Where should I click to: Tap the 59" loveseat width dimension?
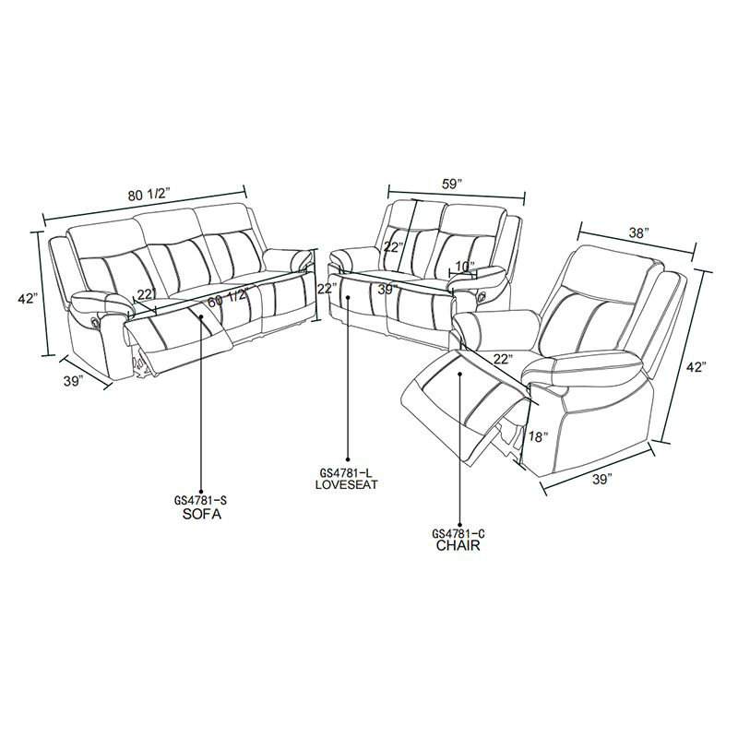pyautogui.click(x=452, y=184)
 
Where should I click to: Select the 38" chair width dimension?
pyautogui.click(x=638, y=233)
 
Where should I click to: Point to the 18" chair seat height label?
pyautogui.click(x=538, y=436)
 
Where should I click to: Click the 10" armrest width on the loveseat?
pyautogui.click(x=465, y=267)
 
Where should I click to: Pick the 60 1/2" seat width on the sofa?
pyautogui.click(x=228, y=298)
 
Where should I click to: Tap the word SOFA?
pyautogui.click(x=201, y=515)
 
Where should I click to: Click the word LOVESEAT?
pyautogui.click(x=347, y=484)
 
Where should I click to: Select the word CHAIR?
pyautogui.click(x=458, y=545)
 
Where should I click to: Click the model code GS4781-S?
pyautogui.click(x=202, y=501)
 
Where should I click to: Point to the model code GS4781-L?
pyautogui.click(x=347, y=472)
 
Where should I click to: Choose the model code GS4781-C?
pyautogui.click(x=458, y=533)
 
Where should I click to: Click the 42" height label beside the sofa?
pyautogui.click(x=28, y=298)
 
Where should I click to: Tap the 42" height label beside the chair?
pyautogui.click(x=696, y=366)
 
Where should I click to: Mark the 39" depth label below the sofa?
pyautogui.click(x=74, y=381)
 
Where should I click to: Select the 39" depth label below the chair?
pyautogui.click(x=602, y=479)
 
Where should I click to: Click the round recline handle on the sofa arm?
pyautogui.click(x=93, y=320)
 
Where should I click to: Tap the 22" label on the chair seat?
pyautogui.click(x=502, y=360)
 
